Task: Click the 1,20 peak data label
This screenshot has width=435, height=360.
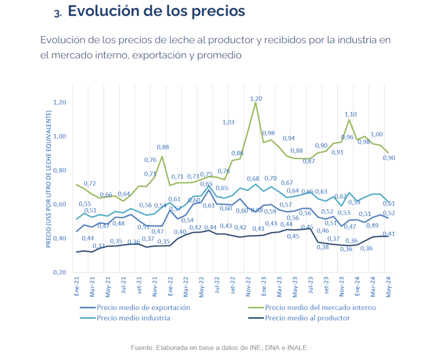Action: (x=256, y=99)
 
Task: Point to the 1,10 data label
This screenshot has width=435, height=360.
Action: (x=351, y=114)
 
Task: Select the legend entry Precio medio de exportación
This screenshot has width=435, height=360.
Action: (x=143, y=308)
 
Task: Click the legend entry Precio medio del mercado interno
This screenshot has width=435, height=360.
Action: (x=320, y=308)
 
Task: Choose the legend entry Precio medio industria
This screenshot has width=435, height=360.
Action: (x=133, y=318)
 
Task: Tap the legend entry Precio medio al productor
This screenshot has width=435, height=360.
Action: (x=308, y=318)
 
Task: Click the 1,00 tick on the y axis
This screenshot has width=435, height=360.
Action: (x=60, y=136)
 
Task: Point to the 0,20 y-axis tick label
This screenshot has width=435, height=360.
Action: (x=60, y=272)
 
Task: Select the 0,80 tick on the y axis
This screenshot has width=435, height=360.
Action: (x=60, y=171)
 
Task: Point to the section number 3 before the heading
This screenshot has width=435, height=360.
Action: (x=57, y=13)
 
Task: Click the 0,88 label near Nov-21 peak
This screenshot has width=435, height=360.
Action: (x=163, y=147)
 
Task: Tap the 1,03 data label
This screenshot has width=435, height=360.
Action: (x=228, y=122)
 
